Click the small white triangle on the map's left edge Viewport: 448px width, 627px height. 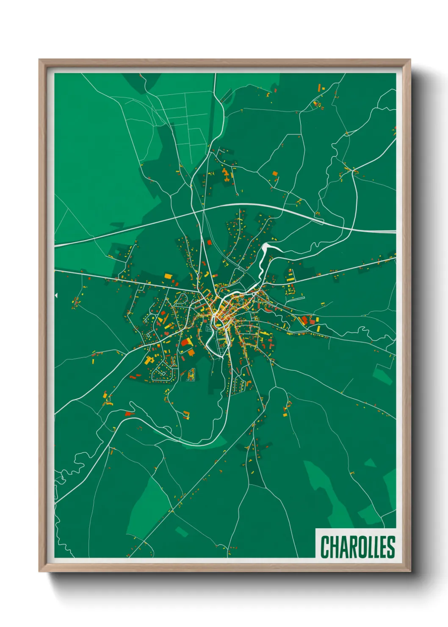(56, 295)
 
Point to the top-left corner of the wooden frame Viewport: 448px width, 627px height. (40, 60)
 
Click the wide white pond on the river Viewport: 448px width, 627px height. (266, 247)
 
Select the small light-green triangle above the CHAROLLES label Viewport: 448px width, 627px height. (370, 462)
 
